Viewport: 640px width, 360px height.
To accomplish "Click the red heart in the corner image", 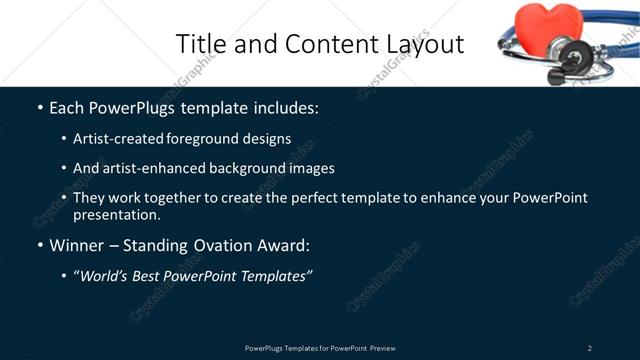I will (x=543, y=26).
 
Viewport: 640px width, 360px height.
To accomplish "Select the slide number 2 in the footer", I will (x=590, y=348).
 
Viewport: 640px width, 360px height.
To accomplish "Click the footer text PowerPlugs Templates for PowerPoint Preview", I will (x=320, y=348).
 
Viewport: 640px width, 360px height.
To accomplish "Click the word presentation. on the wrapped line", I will (x=116, y=214).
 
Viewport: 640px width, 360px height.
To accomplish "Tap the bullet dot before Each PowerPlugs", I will (x=40, y=107).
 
